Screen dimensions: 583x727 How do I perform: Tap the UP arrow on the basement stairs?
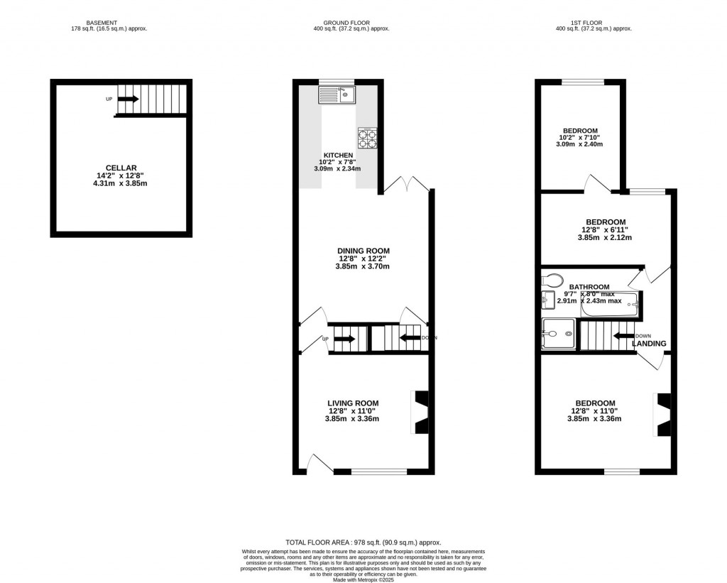129,99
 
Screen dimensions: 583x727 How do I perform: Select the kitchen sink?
337,94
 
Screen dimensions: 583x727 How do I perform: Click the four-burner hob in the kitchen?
367,138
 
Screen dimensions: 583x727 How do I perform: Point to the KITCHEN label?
338,155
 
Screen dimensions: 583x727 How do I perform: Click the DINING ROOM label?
363,251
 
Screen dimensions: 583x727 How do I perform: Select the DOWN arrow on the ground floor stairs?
410,338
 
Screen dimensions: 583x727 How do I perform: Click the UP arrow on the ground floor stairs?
344,339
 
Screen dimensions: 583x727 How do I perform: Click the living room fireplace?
420,412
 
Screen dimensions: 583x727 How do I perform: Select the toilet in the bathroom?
552,279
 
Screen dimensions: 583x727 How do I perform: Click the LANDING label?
650,344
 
